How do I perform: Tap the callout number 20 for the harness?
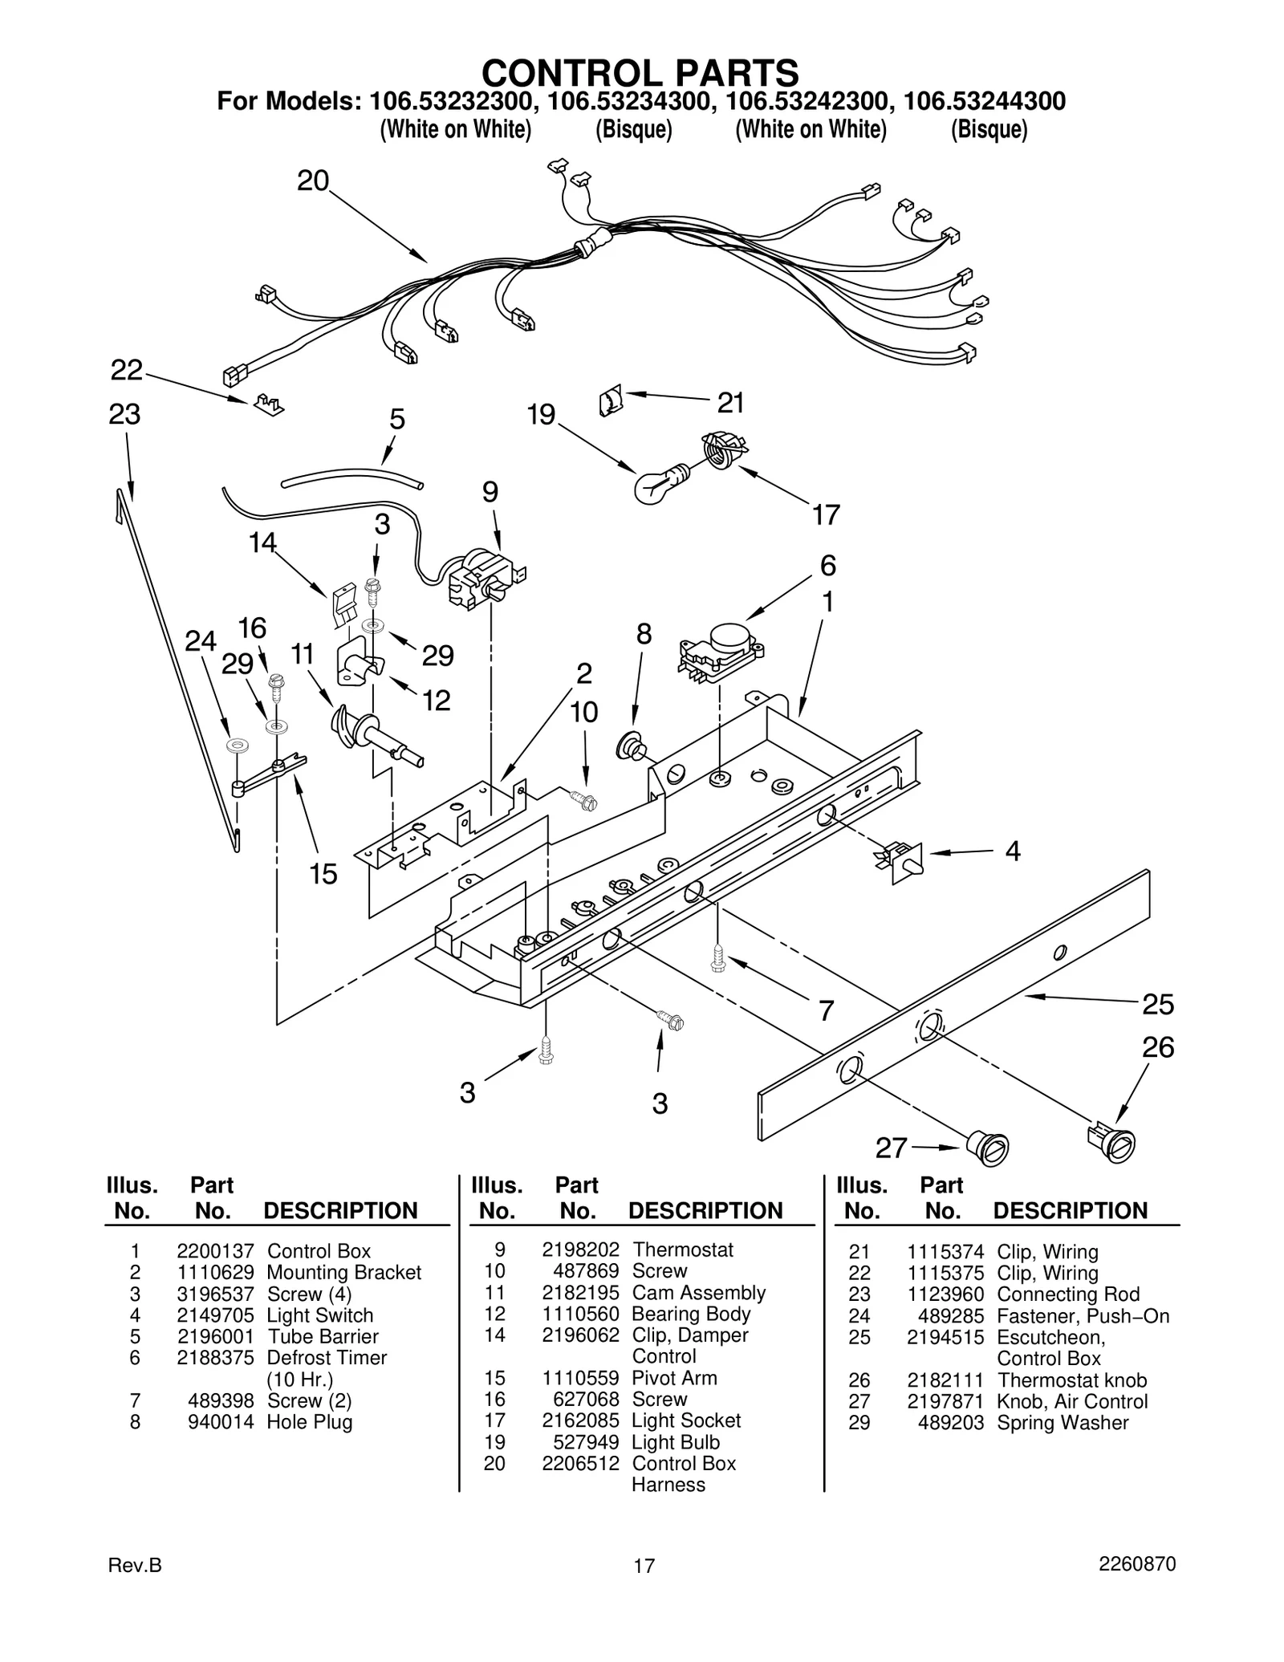pyautogui.click(x=313, y=181)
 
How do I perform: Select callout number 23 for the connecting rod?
pyautogui.click(x=124, y=415)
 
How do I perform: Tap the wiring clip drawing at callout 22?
pyautogui.click(x=269, y=404)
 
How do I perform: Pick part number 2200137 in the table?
pyautogui.click(x=215, y=1251)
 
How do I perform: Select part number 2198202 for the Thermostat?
pyautogui.click(x=580, y=1250)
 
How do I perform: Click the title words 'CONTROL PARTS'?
pyautogui.click(x=640, y=72)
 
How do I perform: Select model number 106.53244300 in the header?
pyautogui.click(x=984, y=102)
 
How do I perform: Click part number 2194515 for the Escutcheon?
pyautogui.click(x=945, y=1337)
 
